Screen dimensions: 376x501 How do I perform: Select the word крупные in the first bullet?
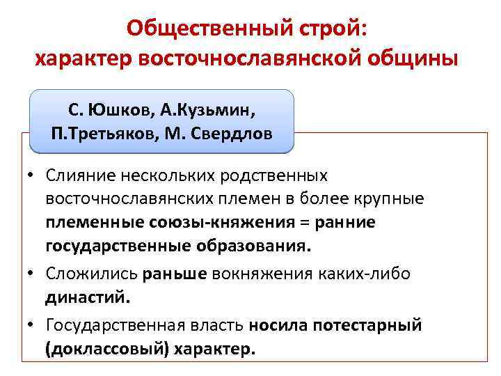tap(389, 199)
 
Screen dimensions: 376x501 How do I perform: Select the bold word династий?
tap(87, 298)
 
